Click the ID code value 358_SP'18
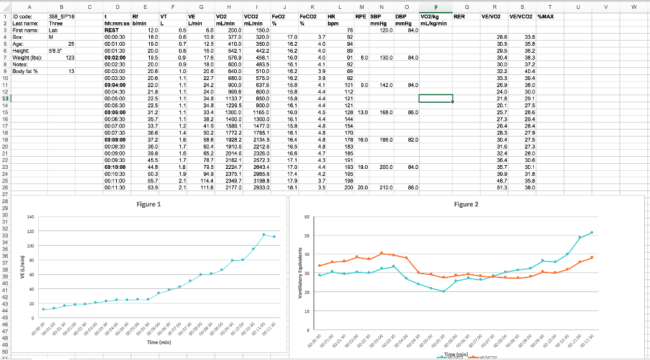coord(62,15)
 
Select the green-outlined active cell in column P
coord(435,98)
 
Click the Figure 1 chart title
coord(149,204)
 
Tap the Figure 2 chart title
coord(467,204)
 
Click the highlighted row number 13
coord(6,98)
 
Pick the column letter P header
coord(435,4)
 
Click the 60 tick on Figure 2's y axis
coord(307,217)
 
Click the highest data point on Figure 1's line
coord(264,234)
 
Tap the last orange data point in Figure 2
coord(592,257)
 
